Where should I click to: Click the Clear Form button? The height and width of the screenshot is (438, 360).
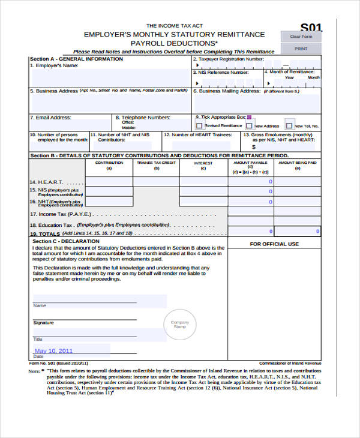(301, 37)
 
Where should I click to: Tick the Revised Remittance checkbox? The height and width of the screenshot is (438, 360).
(199, 126)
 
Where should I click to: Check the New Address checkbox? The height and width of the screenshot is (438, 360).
(250, 126)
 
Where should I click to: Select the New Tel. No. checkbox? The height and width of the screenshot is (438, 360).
(290, 126)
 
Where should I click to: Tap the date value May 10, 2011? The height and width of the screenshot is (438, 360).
(53, 351)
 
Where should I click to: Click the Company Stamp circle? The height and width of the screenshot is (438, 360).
(179, 325)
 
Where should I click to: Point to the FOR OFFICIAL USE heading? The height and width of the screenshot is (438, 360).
(274, 244)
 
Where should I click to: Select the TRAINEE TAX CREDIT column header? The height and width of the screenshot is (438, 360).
(156, 163)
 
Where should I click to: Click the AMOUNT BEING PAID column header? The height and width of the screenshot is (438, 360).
(298, 163)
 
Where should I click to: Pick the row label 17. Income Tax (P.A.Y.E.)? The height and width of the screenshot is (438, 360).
(61, 214)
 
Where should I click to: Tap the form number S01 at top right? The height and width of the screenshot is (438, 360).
(311, 28)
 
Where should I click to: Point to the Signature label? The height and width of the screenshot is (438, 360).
(43, 323)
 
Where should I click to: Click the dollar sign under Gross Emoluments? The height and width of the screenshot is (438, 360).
(254, 146)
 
